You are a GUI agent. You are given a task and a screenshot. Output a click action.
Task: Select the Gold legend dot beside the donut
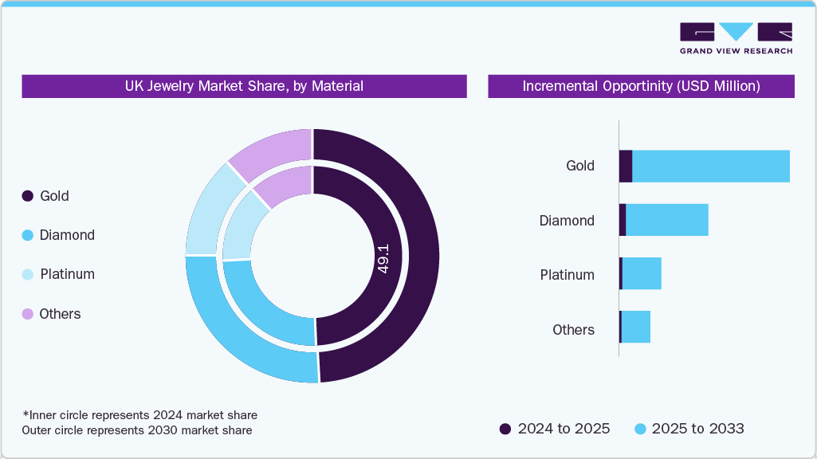pos(27,196)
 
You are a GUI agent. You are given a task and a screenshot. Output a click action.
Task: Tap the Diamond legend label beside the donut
pos(67,235)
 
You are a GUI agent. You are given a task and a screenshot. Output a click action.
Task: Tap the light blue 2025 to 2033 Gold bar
pos(710,166)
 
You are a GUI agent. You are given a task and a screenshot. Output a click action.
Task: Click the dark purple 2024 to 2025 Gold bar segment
pos(626,166)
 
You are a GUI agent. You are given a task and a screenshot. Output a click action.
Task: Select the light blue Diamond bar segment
pos(666,220)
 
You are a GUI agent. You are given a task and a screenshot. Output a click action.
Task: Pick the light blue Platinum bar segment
pos(642,274)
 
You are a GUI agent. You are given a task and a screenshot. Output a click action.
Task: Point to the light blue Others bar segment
pos(635,328)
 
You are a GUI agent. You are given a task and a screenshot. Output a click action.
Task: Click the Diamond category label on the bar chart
pos(567,221)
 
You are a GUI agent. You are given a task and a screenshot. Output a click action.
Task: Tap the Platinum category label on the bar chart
pos(567,275)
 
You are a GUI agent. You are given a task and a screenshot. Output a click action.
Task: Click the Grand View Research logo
pos(736,38)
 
